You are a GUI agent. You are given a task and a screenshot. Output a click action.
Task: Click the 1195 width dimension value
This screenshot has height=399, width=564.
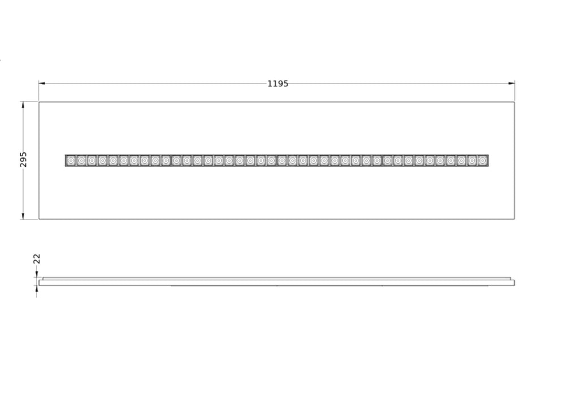coord(277,84)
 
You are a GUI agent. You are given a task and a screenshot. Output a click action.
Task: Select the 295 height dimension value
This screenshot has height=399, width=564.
coord(23,159)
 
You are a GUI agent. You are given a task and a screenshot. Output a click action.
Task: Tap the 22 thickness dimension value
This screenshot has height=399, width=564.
coord(37,258)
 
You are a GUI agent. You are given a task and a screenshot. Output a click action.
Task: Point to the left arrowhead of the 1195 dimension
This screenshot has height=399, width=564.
coord(42,84)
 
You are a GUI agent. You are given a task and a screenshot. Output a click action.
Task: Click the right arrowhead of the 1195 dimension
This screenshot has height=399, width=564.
coord(512,84)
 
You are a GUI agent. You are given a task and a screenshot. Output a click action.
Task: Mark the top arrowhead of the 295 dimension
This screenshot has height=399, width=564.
coord(23,105)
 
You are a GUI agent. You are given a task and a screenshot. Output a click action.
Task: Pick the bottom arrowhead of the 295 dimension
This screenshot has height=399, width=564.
coord(23,216)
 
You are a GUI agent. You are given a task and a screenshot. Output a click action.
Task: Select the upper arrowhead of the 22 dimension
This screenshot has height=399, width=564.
coord(37,275)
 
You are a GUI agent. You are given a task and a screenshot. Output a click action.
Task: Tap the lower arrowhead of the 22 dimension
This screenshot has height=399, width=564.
coord(37,288)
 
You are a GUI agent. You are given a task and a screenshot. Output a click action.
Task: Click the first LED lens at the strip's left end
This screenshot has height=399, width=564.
coord(71,160)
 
